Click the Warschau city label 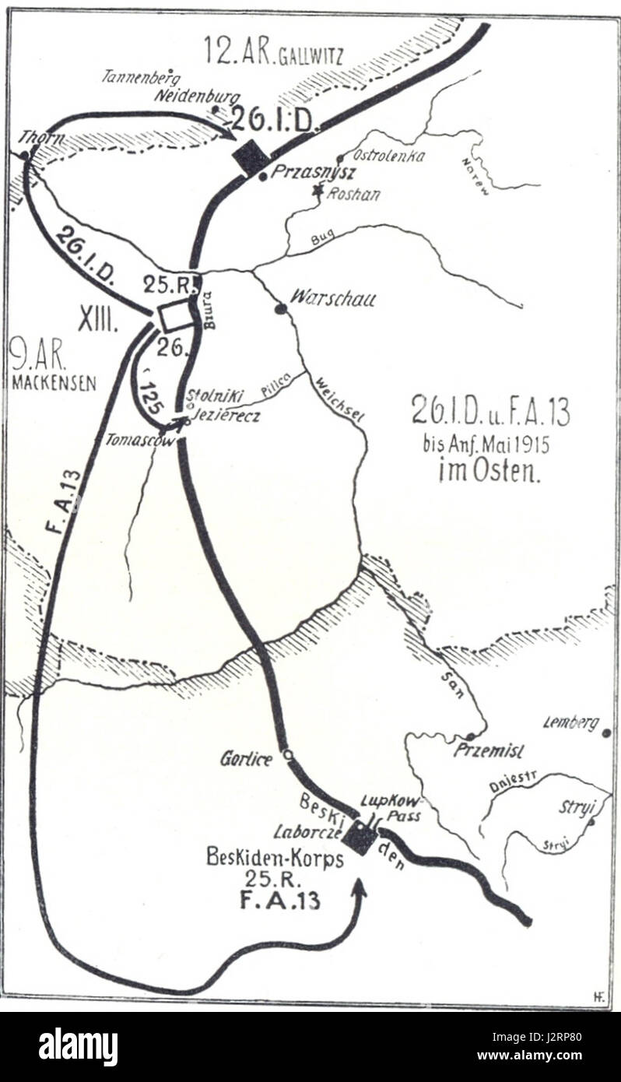[332, 297]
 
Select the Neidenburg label [185, 97]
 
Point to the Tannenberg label [141, 76]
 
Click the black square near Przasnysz [251, 157]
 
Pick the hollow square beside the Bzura [174, 316]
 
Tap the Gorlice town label [246, 759]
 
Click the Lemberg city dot [606, 732]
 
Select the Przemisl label [489, 751]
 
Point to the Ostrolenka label [389, 156]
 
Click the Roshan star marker [317, 189]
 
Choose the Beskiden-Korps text [264, 857]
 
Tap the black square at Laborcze [361, 838]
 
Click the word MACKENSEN [54, 383]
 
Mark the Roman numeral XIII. [96, 319]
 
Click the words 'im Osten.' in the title [489, 471]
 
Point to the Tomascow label [135, 440]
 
